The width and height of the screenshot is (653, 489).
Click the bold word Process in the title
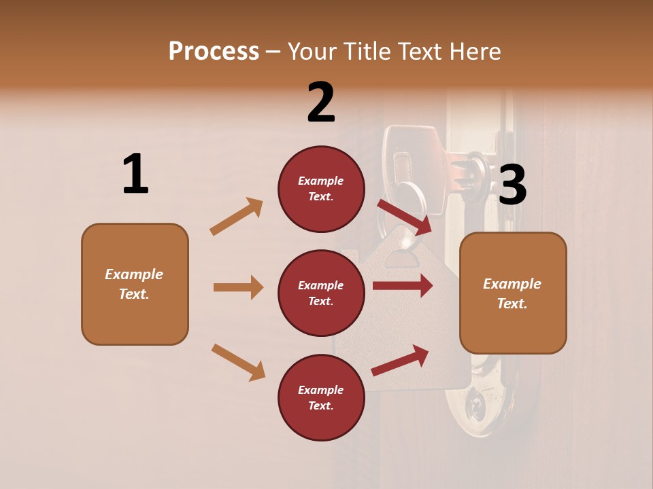click(x=214, y=51)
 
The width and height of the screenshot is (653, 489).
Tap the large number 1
click(x=135, y=175)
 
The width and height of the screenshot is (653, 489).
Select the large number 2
click(x=321, y=103)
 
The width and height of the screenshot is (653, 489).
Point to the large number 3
click(x=512, y=185)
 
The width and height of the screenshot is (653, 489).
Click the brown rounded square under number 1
click(x=135, y=284)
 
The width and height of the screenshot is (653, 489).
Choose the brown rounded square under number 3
click(x=513, y=293)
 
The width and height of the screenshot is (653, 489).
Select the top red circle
click(x=321, y=189)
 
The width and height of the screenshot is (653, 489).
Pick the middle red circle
click(x=321, y=293)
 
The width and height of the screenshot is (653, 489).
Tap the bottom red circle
click(x=321, y=398)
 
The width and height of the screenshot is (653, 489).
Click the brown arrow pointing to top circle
click(x=237, y=217)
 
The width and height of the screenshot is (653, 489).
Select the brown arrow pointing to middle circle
click(x=238, y=287)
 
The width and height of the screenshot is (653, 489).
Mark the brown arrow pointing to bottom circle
click(x=238, y=362)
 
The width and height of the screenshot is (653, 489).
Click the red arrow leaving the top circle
click(x=404, y=217)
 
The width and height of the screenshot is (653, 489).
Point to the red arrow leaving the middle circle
click(x=403, y=285)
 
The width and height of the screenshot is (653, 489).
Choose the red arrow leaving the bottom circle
click(x=401, y=361)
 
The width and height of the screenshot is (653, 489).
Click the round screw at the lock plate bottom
click(x=474, y=407)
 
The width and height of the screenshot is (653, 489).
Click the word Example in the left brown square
click(x=134, y=274)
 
